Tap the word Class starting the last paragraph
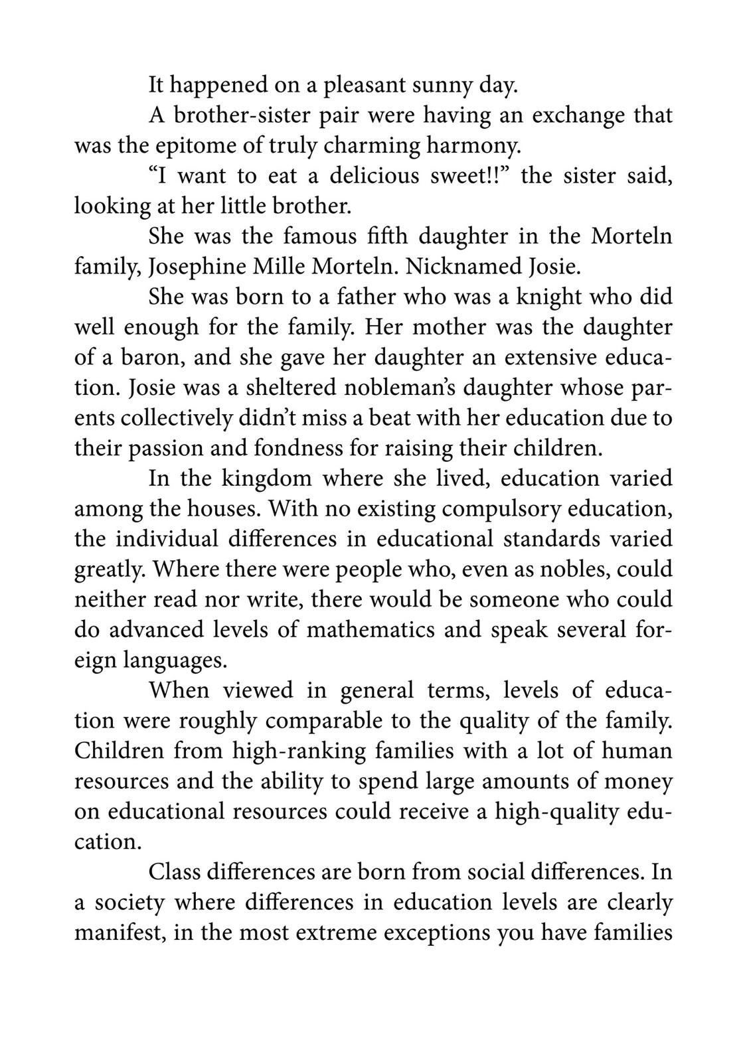[x=174, y=872]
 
